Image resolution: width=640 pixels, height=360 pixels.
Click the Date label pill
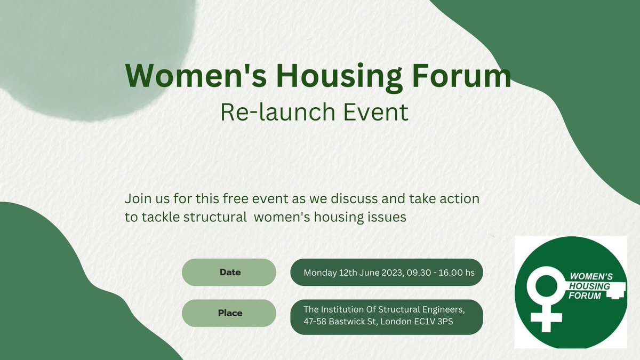[229, 273]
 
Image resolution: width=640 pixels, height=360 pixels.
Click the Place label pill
[229, 313]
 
